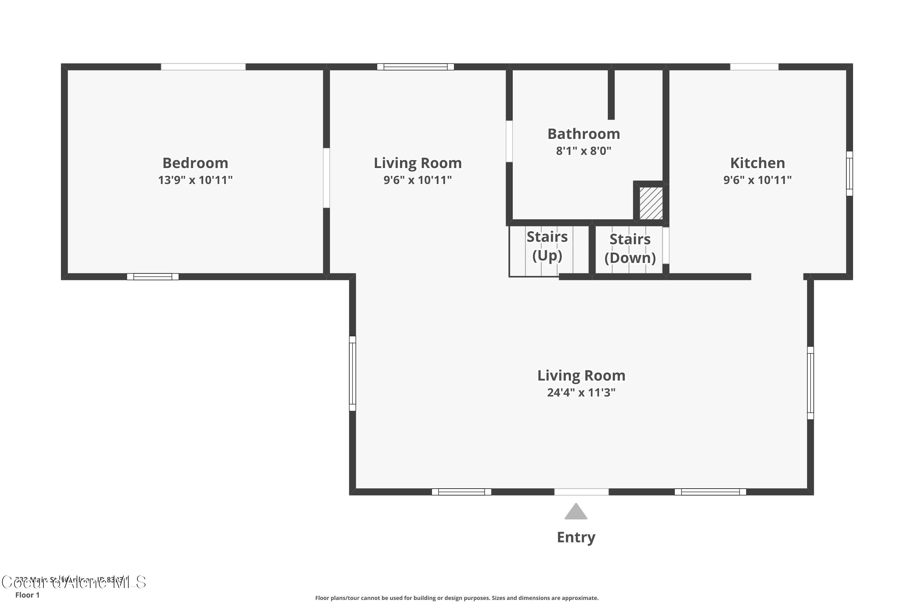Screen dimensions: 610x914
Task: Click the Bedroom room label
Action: pos(195,163)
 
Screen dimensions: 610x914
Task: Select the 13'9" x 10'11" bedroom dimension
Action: pos(195,180)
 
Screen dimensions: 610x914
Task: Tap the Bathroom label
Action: pos(583,134)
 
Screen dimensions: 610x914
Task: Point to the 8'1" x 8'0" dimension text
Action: pos(583,151)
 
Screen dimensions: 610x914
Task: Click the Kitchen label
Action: pos(757,163)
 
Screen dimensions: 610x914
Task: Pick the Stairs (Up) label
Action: pos(547,246)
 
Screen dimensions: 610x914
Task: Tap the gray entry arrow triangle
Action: pos(576,512)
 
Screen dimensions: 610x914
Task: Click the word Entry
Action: pos(576,537)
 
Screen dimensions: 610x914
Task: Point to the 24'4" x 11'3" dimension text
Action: pos(581,393)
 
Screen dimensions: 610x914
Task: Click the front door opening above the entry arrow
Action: pos(581,492)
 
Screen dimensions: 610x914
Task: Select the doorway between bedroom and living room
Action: pos(326,178)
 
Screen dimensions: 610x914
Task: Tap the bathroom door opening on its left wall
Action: pos(509,141)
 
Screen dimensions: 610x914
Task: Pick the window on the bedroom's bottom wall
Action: pos(153,277)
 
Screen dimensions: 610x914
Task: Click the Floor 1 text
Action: pos(27,595)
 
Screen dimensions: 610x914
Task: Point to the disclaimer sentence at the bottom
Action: pos(457,598)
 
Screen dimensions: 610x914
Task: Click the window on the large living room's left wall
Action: pos(352,373)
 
